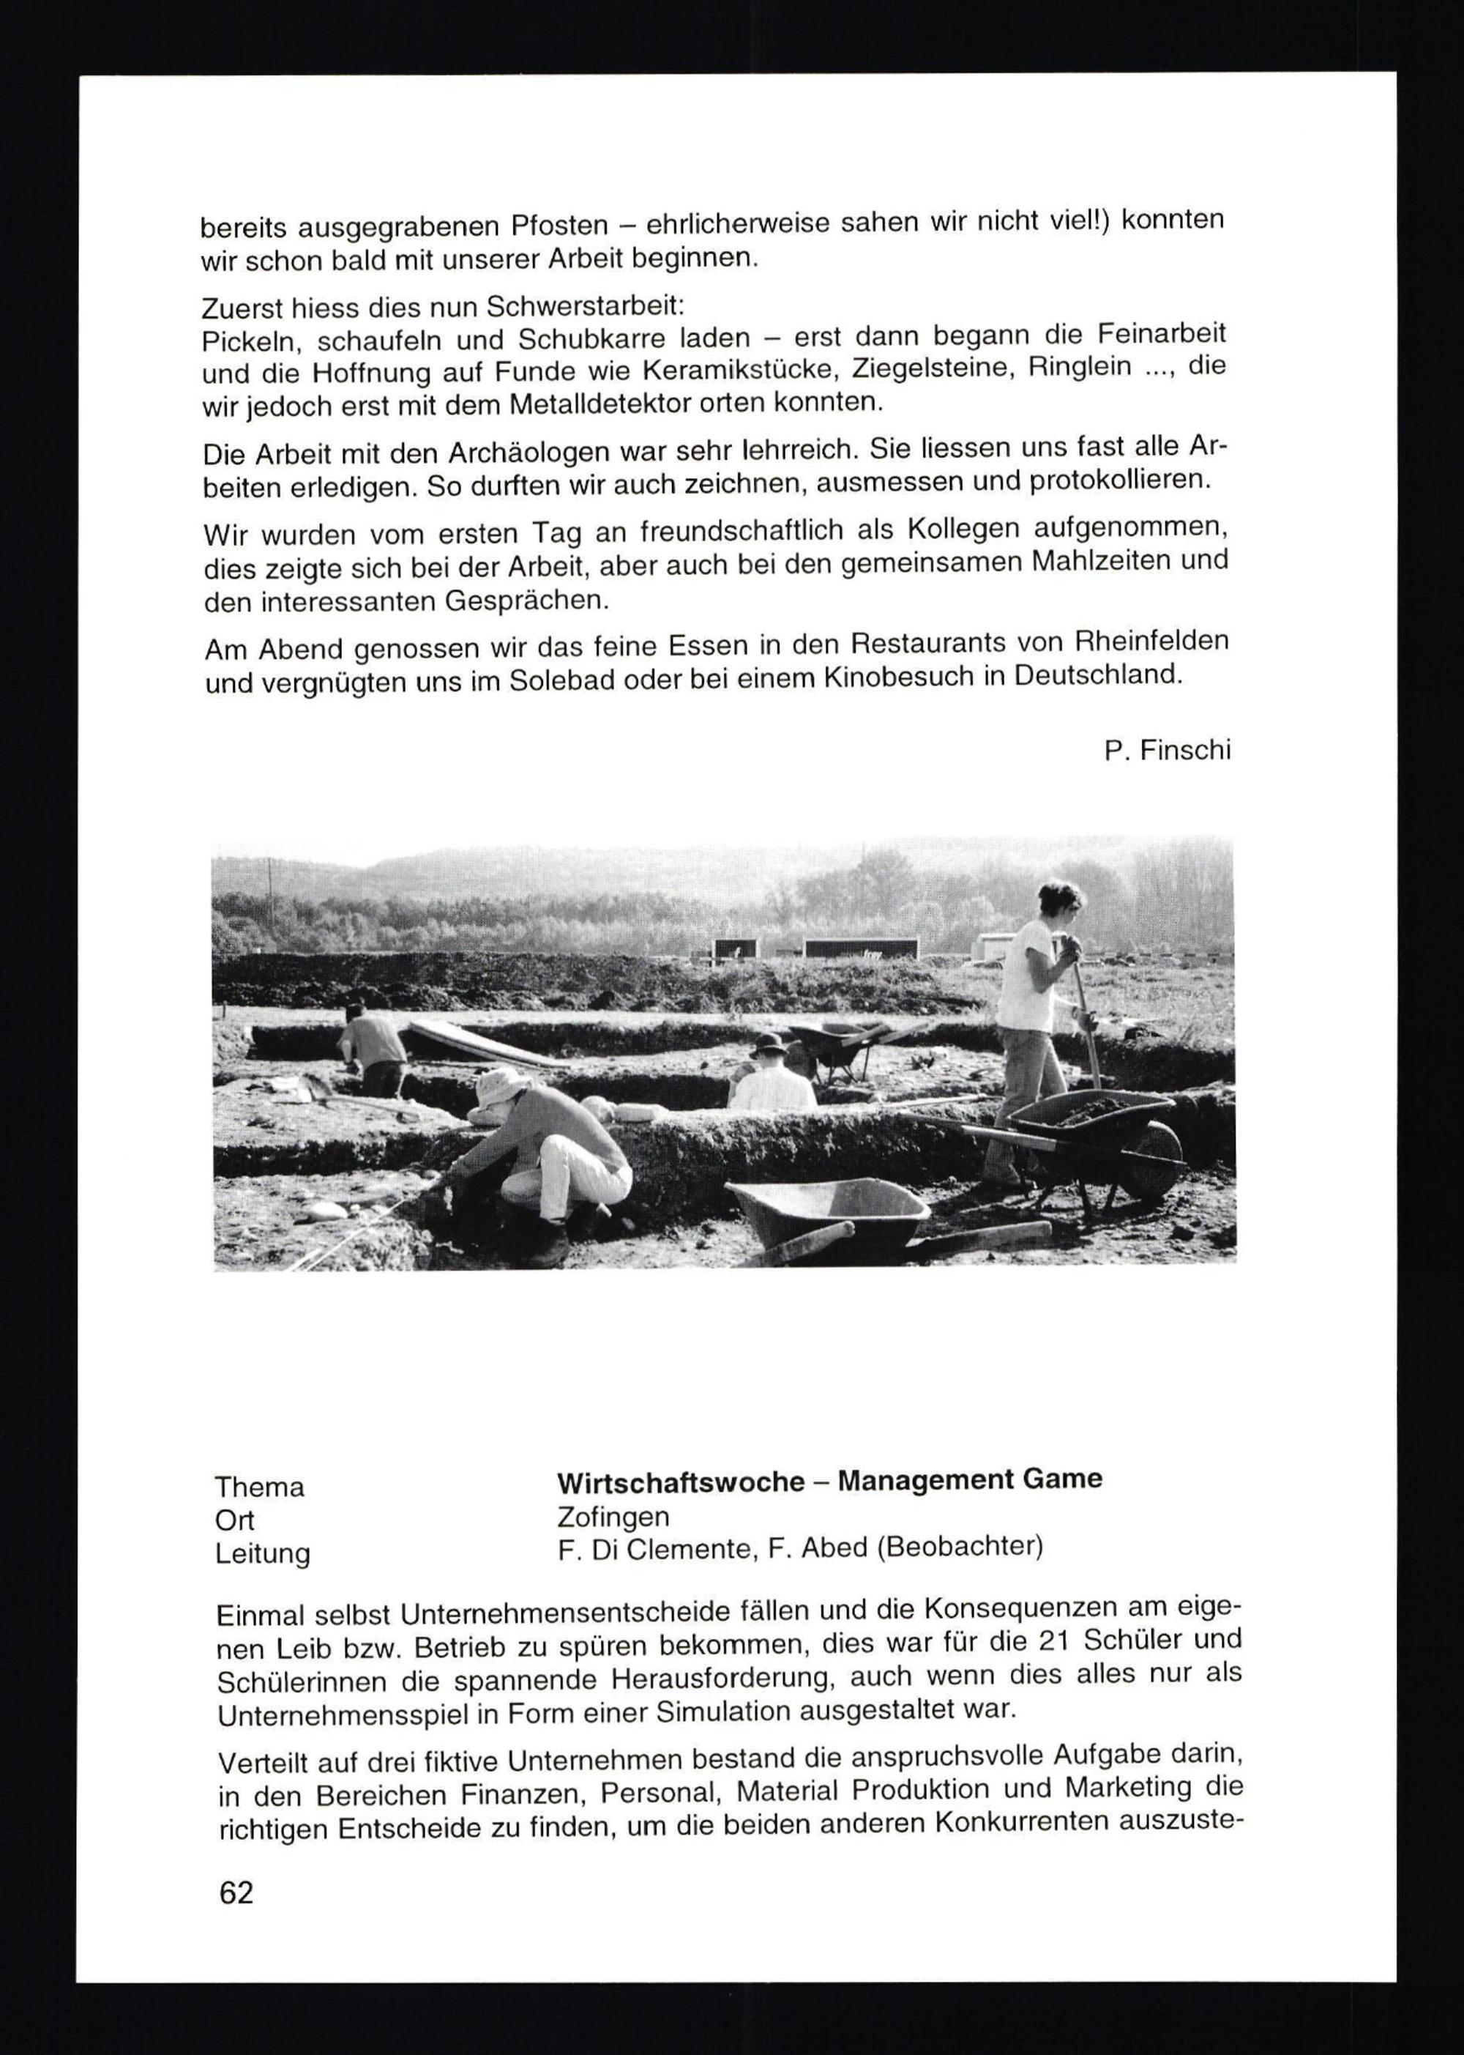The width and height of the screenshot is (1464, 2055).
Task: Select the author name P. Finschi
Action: click(x=1167, y=749)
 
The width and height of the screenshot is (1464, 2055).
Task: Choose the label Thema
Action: click(x=260, y=1487)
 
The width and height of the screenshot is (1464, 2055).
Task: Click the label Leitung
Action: click(x=262, y=1553)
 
